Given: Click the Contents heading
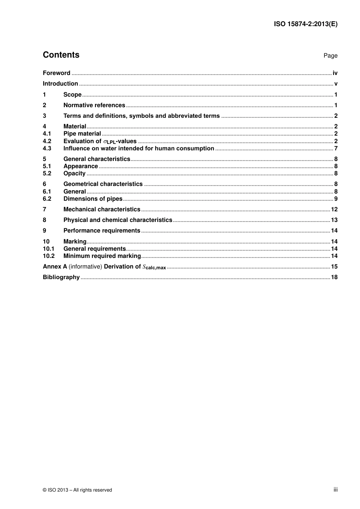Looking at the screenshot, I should tap(61, 55).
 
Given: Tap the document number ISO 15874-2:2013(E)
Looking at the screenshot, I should tap(305, 24).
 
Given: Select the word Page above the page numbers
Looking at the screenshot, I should tap(330, 56).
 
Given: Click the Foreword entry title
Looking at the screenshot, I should tap(56, 73).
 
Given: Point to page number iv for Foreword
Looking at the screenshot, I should tap(335, 73).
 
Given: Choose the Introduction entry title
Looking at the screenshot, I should tap(60, 84).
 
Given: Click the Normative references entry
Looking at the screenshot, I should tap(94, 105).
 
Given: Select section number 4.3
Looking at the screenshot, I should tap(47, 148).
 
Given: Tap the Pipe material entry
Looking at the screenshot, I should tap(82, 134).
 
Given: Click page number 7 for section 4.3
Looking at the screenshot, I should tap(336, 148).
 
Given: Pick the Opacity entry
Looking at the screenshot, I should tap(74, 173).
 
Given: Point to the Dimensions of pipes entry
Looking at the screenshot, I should tap(93, 199).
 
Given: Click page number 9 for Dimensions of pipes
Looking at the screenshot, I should tap(336, 199).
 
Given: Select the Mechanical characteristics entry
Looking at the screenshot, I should tap(102, 209).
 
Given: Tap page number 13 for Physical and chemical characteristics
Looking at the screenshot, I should tap(334, 220).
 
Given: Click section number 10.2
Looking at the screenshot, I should tap(49, 256).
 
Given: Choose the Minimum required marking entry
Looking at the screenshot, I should tap(102, 256).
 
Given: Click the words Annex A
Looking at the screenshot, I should tap(55, 267).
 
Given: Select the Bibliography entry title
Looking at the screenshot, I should tap(61, 277).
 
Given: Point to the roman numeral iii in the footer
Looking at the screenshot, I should tap(335, 490).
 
